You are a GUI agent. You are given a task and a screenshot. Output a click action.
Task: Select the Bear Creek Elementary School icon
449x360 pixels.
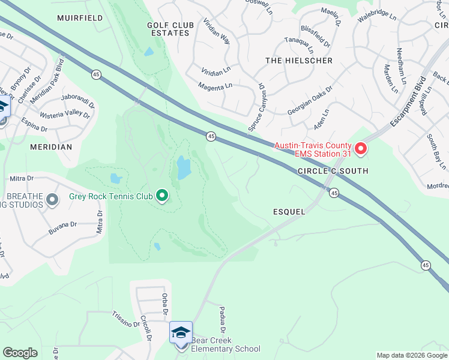181,332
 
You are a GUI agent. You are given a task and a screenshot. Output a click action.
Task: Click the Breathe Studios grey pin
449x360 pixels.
52,199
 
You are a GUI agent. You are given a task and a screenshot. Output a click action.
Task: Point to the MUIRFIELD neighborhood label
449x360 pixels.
80,18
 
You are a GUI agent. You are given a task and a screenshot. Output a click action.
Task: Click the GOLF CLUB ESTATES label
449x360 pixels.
168,29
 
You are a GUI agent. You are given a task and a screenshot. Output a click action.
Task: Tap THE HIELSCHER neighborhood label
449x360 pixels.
291,61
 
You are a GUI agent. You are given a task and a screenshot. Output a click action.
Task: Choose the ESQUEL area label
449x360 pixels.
289,212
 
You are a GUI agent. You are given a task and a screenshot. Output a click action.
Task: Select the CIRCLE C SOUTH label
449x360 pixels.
333,171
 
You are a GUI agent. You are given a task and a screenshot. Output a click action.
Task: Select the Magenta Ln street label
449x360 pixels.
215,86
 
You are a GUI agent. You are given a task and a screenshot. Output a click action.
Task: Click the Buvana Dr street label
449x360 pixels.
65,224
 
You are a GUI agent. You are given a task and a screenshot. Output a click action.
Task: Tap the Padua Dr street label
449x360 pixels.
222,318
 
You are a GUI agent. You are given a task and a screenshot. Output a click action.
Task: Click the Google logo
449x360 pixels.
20,353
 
